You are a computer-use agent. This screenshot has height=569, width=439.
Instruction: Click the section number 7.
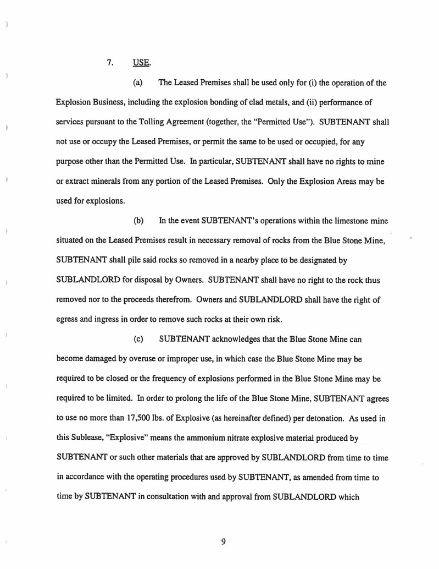tap(110, 62)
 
